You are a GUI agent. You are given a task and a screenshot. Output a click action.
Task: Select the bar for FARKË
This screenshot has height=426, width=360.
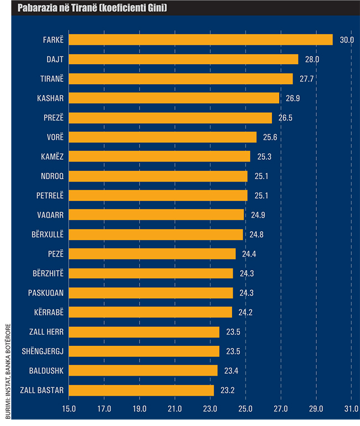200,40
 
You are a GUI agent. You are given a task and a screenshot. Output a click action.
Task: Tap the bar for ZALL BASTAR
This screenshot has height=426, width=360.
141,391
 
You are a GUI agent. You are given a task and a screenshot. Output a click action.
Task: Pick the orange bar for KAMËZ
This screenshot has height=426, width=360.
160,157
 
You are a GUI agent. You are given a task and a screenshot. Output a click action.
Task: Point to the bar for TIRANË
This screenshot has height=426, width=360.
181,79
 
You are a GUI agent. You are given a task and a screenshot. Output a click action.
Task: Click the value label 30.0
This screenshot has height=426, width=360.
346,40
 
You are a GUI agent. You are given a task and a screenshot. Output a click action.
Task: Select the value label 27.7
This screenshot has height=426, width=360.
306,79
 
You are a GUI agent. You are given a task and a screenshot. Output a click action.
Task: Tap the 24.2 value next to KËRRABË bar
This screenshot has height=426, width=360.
245,313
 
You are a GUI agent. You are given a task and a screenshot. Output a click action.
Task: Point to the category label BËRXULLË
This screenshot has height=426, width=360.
47,235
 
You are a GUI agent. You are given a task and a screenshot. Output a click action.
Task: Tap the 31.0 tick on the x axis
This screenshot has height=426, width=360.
351,411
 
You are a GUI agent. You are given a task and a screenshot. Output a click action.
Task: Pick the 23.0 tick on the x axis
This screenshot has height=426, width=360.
210,411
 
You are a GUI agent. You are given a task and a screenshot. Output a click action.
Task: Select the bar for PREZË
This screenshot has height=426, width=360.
170,118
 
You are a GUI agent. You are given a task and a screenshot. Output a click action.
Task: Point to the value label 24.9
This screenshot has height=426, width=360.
257,215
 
